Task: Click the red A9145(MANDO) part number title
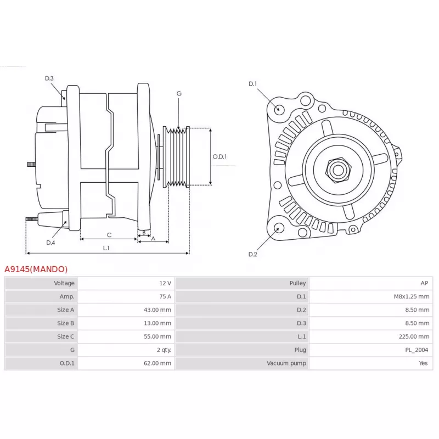tap(36, 269)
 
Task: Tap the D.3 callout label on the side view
tap(49, 78)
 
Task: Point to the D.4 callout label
tap(50, 243)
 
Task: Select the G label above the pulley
tap(179, 93)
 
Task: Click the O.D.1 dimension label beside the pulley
tap(219, 156)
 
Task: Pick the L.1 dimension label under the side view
tap(106, 248)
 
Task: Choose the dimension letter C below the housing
tap(109, 235)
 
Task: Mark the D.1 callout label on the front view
tap(252, 84)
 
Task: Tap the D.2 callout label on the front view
tap(252, 254)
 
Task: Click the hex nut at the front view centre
tap(338, 170)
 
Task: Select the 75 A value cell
tap(165, 296)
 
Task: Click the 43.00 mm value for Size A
tap(157, 310)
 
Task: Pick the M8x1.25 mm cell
tap(411, 296)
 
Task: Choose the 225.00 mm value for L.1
tap(414, 336)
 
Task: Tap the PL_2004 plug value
tap(417, 350)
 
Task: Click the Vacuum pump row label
tap(286, 363)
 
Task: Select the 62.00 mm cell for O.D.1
tap(157, 363)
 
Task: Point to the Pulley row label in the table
tap(297, 283)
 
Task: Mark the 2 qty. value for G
tap(164, 350)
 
